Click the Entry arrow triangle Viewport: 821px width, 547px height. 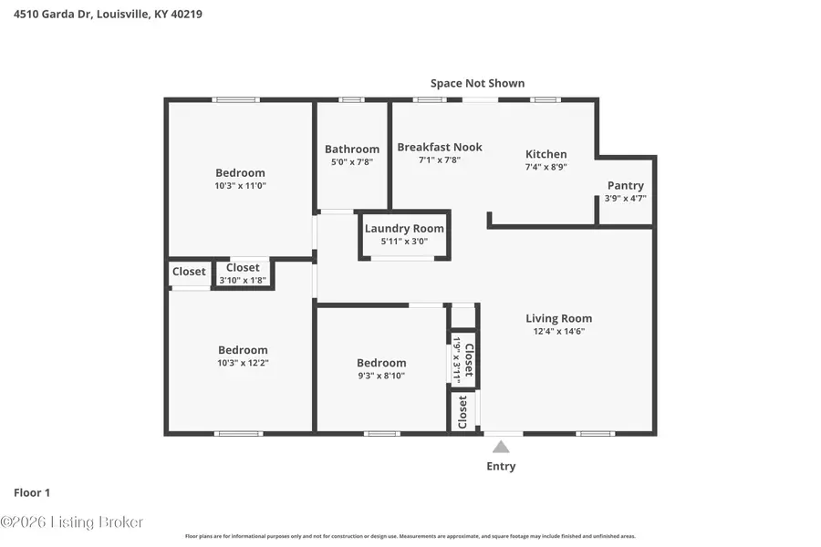pos(501,447)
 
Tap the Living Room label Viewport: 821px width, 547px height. pos(558,318)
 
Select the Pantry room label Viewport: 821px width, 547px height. pos(625,185)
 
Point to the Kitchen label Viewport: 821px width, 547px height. pos(546,154)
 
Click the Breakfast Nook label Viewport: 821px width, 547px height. pos(440,147)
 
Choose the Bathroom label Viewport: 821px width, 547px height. pos(352,150)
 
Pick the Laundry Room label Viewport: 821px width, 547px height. pos(404,228)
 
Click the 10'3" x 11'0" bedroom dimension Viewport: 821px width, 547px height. pos(240,185)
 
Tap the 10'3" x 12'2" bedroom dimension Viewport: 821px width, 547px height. pos(243,362)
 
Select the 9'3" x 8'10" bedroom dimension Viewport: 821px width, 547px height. pos(380,375)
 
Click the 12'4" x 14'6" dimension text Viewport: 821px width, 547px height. pos(558,331)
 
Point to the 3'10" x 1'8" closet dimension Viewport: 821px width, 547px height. pos(243,280)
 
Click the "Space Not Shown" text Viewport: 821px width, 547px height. pos(477,83)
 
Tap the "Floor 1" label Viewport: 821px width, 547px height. pos(32,492)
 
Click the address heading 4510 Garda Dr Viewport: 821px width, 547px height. pos(109,15)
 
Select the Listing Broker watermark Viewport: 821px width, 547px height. pos(72,522)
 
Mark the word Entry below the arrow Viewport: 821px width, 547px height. pos(501,466)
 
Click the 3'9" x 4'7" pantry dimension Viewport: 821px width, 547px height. pos(625,198)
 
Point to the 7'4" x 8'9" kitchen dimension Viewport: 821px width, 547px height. pos(546,167)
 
